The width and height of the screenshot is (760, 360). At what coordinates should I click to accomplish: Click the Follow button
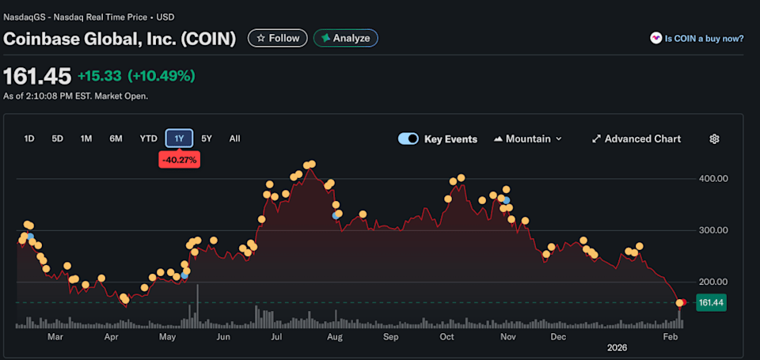[x=277, y=38]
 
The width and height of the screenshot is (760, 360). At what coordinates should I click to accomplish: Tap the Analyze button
[x=346, y=38]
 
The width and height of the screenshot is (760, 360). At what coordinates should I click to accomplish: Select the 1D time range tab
[x=29, y=138]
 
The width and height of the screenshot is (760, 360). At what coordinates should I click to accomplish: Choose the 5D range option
[x=57, y=138]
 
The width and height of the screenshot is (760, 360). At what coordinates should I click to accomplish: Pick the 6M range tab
[x=116, y=138]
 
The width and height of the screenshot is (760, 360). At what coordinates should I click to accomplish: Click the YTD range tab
[x=148, y=138]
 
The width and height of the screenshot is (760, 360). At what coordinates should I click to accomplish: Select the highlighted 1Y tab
[x=179, y=138]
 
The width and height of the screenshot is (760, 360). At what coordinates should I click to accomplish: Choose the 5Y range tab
[x=207, y=138]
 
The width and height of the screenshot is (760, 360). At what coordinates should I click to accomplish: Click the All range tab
[x=234, y=138]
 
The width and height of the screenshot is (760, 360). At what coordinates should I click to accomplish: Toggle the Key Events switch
[x=408, y=138]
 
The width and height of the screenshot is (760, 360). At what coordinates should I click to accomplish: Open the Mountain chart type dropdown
[x=527, y=138]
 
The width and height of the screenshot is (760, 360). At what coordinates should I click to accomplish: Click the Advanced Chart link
[x=636, y=138]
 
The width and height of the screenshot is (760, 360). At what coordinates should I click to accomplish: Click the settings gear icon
[x=714, y=138]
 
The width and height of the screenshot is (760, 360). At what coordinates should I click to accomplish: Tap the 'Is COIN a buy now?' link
[x=697, y=38]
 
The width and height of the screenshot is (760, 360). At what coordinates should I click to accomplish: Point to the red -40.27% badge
[x=179, y=160]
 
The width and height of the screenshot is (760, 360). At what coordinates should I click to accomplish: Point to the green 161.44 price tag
[x=712, y=302]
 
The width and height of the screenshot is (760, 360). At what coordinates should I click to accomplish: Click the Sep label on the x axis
[x=390, y=336]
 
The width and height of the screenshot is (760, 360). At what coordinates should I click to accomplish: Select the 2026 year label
[x=617, y=347]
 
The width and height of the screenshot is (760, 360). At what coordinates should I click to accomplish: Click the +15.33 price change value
[x=99, y=76]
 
